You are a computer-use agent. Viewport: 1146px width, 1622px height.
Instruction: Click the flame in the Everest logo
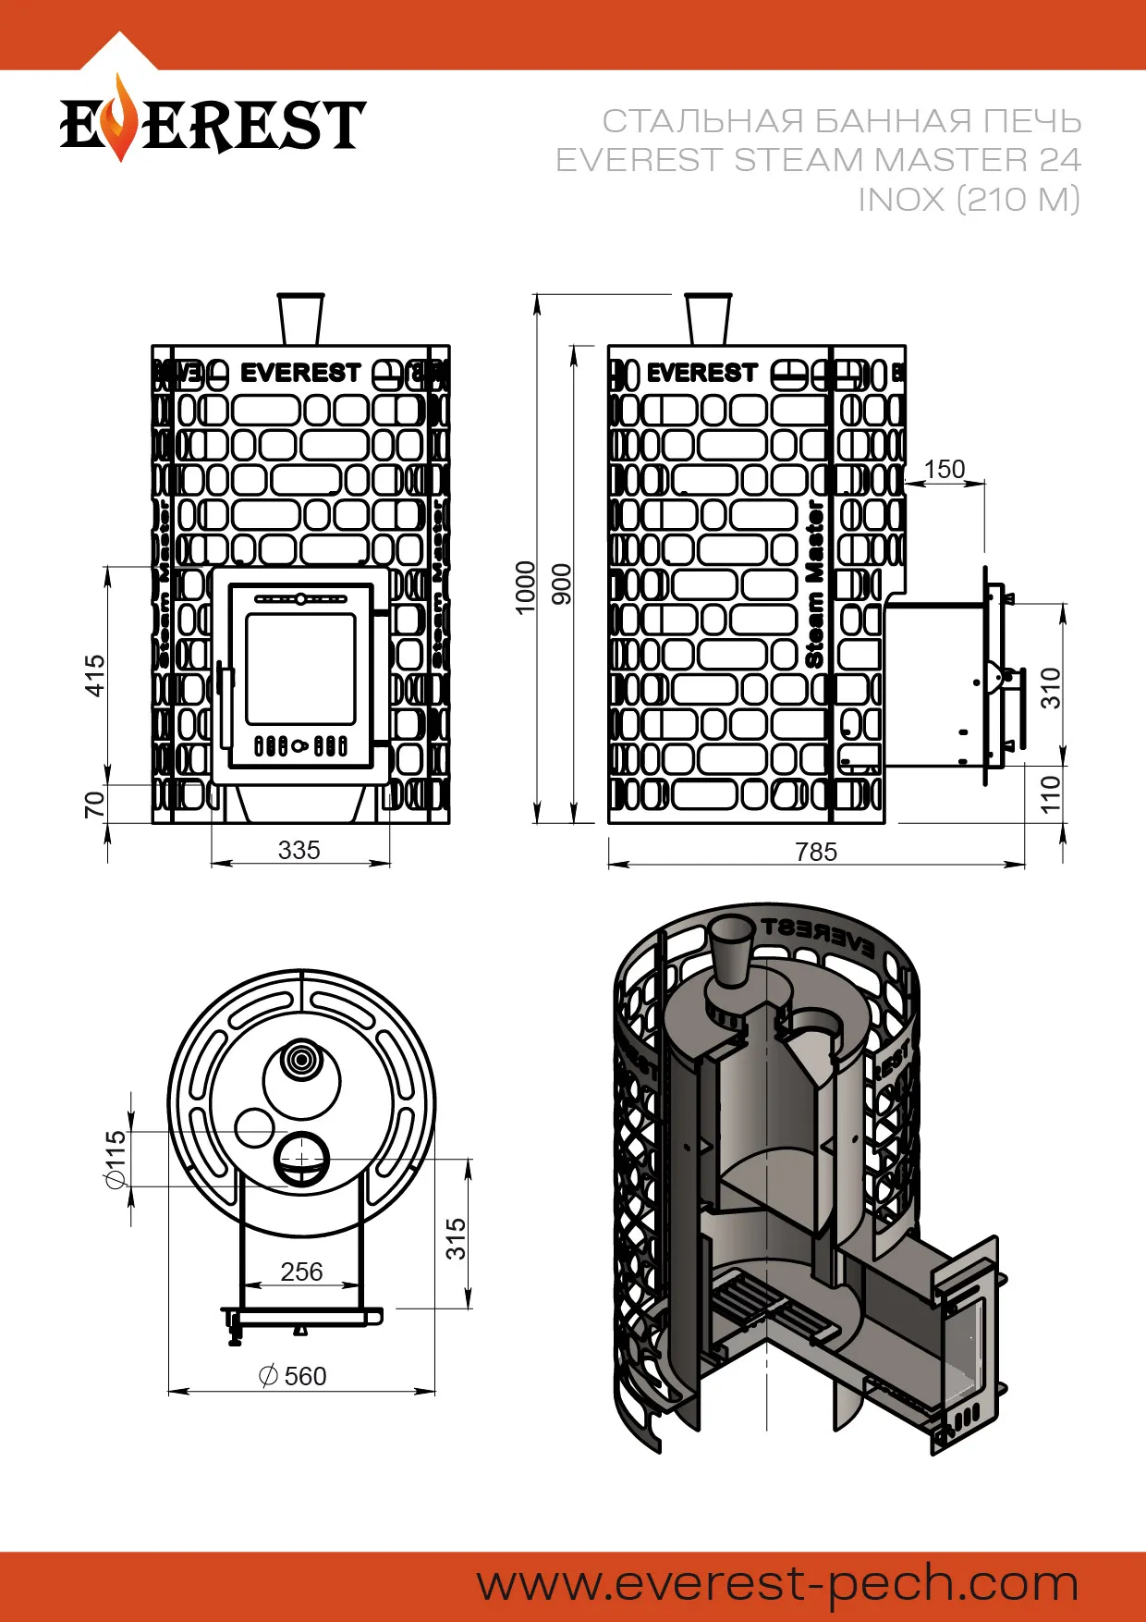click(119, 118)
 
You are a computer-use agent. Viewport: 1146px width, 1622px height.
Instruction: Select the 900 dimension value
click(562, 584)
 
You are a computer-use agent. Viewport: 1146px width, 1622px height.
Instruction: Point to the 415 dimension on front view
click(94, 675)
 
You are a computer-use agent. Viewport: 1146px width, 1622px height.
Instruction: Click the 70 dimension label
click(94, 804)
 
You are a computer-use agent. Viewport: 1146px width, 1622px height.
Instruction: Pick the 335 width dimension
click(299, 850)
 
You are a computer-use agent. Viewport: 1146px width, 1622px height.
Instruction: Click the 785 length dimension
click(816, 851)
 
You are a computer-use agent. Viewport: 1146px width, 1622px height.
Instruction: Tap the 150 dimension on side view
click(944, 470)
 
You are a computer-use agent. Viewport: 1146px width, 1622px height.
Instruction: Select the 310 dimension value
click(1051, 688)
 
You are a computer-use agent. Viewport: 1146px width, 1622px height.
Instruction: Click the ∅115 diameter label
click(115, 1160)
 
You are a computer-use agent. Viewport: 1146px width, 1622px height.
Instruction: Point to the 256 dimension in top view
click(301, 1272)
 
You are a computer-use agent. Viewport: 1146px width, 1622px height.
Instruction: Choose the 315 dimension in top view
click(456, 1238)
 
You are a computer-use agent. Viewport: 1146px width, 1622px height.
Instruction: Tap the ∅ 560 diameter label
click(293, 1376)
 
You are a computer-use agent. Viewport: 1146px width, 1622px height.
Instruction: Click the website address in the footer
click(777, 1583)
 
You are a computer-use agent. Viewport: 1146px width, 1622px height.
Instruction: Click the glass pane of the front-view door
click(300, 668)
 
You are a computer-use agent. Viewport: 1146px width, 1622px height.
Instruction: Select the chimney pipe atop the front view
click(300, 318)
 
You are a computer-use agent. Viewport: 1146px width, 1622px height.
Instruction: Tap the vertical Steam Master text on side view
click(814, 584)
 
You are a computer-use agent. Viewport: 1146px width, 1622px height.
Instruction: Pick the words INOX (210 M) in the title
click(969, 199)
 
